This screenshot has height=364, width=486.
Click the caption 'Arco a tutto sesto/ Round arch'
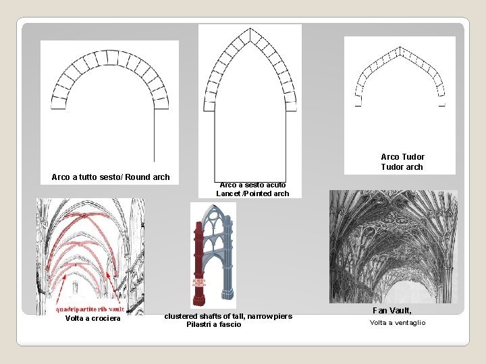coord(111,177)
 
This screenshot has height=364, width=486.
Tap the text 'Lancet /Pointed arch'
coord(252,193)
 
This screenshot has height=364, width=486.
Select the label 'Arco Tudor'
coord(402,157)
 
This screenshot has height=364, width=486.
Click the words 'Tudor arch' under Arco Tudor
coord(402,167)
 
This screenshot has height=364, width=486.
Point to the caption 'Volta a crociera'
coord(92,318)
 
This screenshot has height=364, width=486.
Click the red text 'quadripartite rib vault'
coord(90,309)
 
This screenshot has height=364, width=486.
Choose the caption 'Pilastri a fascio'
coord(213,325)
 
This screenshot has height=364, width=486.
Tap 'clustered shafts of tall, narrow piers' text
coord(228,316)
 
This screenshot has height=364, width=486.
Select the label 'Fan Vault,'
coord(392,311)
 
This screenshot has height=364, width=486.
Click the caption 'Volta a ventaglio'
coord(398,323)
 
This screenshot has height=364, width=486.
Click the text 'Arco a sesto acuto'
coord(252,185)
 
